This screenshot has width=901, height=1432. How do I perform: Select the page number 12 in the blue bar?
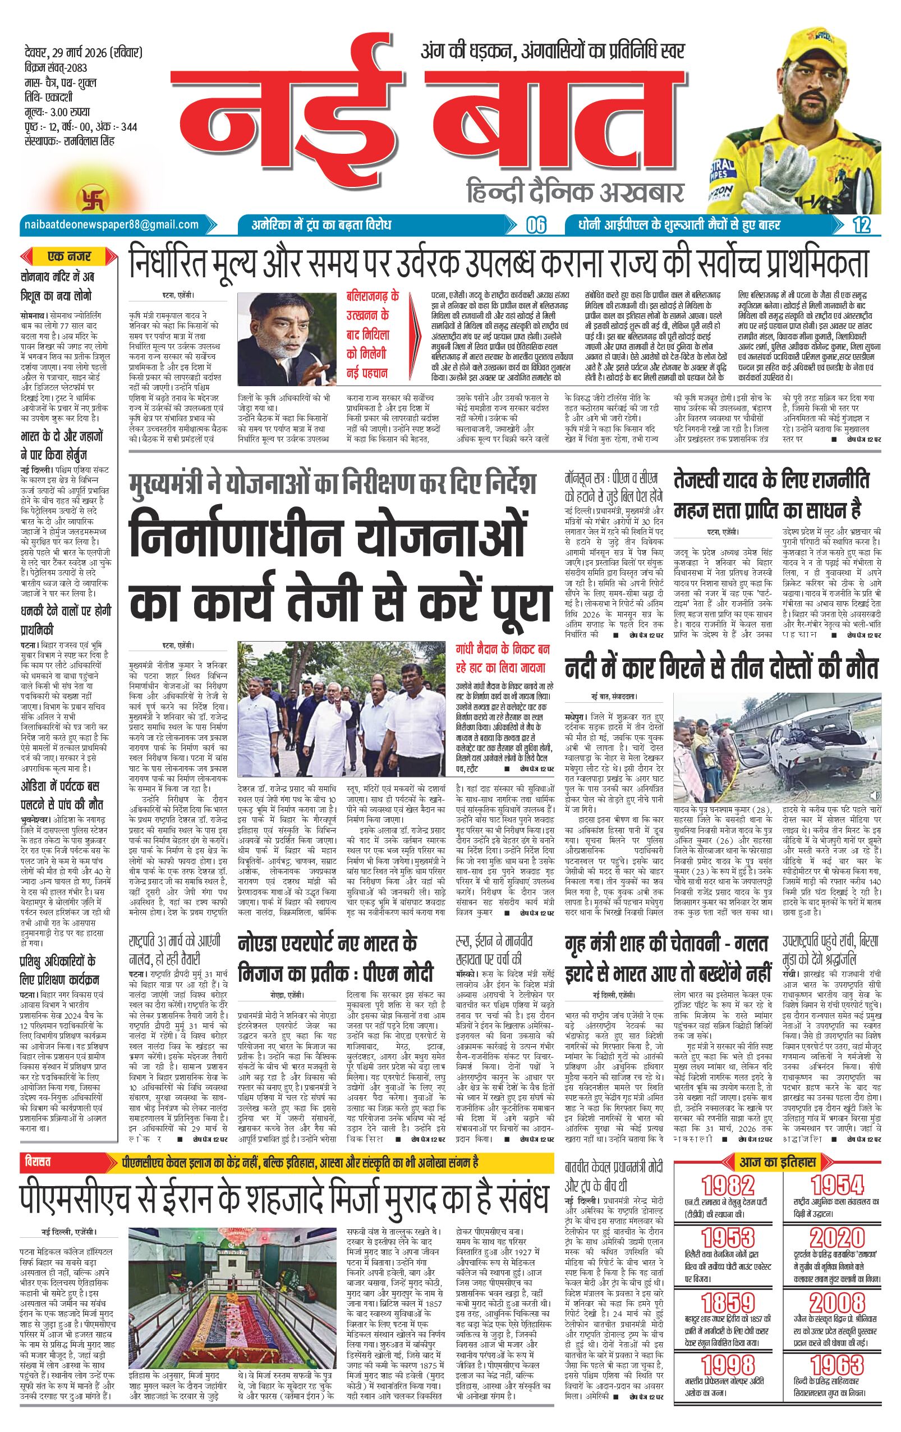click(x=861, y=225)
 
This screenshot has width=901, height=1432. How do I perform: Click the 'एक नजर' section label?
click(x=70, y=257)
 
